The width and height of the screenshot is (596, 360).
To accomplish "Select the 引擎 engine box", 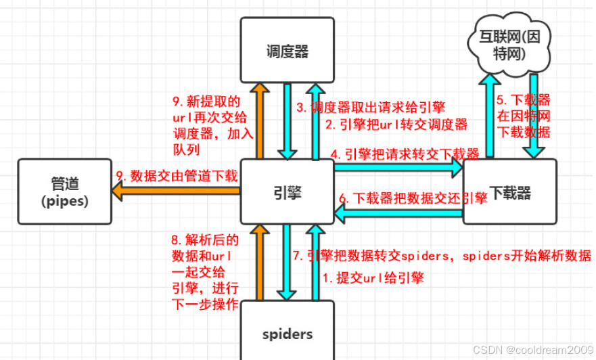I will pyautogui.click(x=288, y=193).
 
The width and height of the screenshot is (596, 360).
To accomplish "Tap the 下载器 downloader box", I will pyautogui.click(x=509, y=192).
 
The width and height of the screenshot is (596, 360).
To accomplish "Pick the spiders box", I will pyautogui.click(x=288, y=333).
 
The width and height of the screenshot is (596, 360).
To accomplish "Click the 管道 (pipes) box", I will pyautogui.click(x=64, y=192).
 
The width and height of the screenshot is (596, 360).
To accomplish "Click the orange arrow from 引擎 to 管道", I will pyautogui.click(x=176, y=191).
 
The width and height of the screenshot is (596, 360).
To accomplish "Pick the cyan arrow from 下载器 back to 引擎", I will pyautogui.click(x=399, y=215).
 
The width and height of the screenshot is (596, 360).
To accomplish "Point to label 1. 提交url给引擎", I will pyautogui.click(x=373, y=277).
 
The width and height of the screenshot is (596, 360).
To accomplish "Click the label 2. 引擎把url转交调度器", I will pyautogui.click(x=396, y=125).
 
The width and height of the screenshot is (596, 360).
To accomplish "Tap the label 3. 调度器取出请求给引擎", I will pyautogui.click(x=371, y=107).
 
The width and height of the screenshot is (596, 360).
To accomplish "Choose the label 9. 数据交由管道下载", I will pyautogui.click(x=177, y=176).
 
